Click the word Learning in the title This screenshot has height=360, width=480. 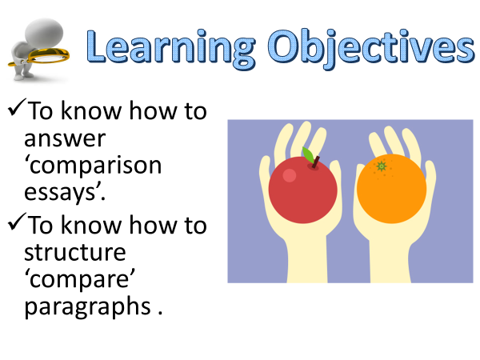[171, 48]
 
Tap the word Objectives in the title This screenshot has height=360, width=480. [371, 48]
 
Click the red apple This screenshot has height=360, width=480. [302, 190]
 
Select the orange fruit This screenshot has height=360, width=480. [391, 189]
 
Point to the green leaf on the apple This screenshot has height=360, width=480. [308, 155]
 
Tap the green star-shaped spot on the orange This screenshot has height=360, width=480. [382, 166]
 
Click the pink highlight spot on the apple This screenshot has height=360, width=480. [290, 176]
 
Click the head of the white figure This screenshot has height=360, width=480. [44, 33]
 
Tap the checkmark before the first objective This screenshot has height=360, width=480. [17, 107]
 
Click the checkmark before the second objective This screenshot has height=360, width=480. [17, 222]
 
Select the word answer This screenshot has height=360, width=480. [65, 139]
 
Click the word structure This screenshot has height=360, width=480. [75, 253]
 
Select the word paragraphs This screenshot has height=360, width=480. [87, 307]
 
